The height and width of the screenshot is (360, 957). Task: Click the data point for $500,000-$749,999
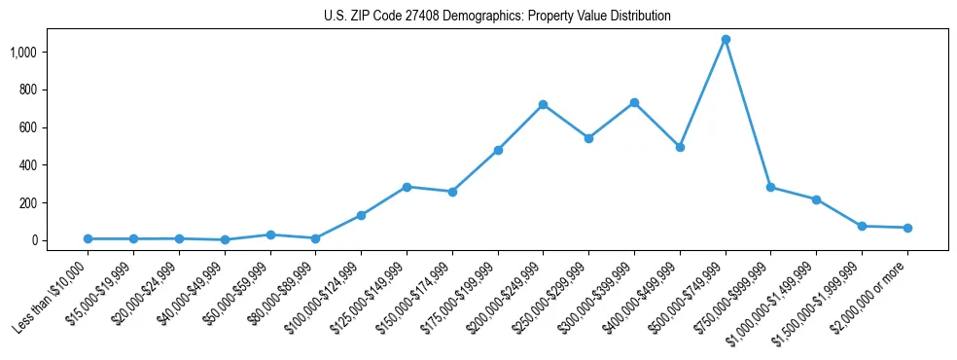click(x=725, y=40)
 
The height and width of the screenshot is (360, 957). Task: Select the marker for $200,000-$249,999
click(x=543, y=104)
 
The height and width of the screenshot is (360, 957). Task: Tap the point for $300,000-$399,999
click(x=634, y=102)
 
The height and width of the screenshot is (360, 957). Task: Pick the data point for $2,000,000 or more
click(x=907, y=228)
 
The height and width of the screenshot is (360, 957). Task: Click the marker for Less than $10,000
click(x=88, y=238)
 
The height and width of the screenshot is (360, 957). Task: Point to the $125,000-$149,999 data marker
click(x=407, y=187)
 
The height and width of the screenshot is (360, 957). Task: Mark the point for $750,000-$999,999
click(x=770, y=187)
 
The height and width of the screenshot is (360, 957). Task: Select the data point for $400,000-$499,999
click(x=680, y=147)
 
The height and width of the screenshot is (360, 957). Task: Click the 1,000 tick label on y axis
click(x=22, y=52)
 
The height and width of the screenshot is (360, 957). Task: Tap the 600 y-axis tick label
click(x=27, y=127)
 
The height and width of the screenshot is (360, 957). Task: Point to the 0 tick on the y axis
click(x=33, y=240)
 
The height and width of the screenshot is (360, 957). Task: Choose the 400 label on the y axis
click(x=27, y=165)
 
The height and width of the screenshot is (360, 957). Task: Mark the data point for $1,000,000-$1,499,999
click(x=816, y=199)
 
